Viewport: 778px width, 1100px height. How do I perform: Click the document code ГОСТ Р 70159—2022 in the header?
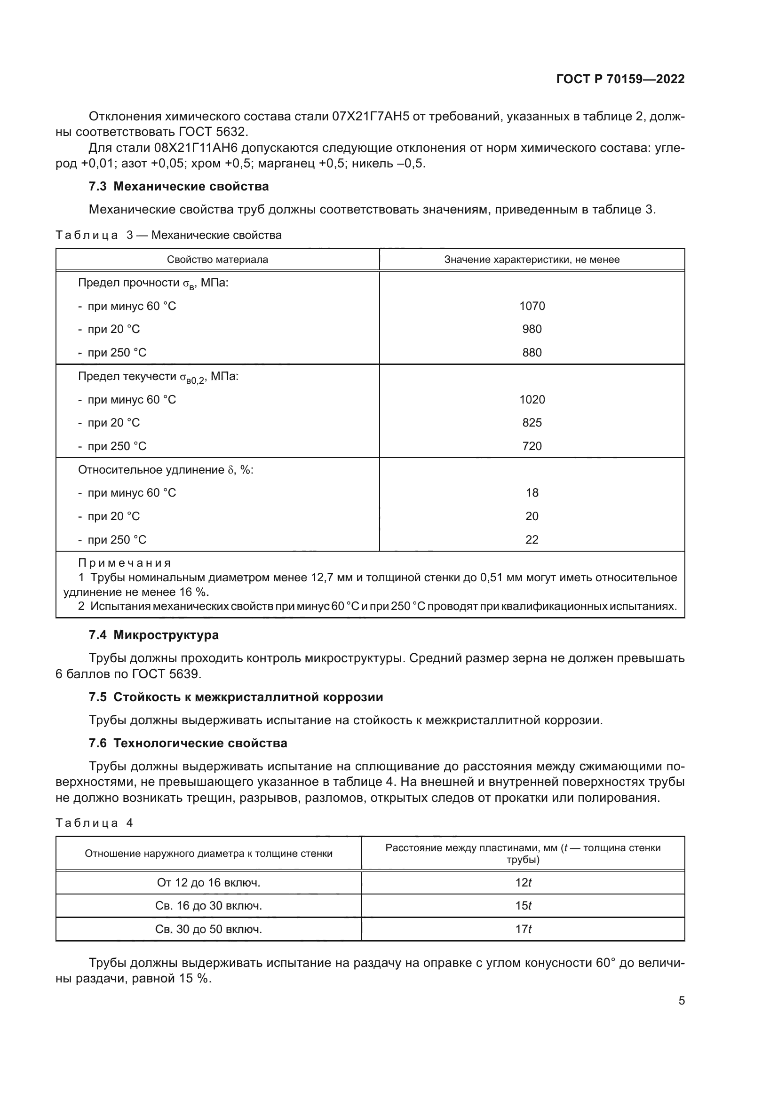(620, 79)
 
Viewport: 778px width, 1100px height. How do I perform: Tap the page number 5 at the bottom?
(681, 1001)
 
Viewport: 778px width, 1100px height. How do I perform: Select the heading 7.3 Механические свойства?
(179, 186)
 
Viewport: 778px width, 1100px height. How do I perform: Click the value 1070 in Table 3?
(532, 306)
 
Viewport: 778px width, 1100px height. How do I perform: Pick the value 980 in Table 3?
(532, 329)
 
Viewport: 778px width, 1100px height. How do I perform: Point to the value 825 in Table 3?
(532, 423)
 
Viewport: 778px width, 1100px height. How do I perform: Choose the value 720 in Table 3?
(532, 446)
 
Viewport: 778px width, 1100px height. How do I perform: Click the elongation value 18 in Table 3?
(532, 492)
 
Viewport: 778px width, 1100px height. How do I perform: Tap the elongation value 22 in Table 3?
(532, 539)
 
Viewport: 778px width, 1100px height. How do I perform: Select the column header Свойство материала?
(217, 260)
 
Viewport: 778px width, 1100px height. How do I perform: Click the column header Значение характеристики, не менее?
(532, 260)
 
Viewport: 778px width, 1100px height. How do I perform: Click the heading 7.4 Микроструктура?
(153, 635)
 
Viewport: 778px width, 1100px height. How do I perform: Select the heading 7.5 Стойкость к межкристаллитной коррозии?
(236, 697)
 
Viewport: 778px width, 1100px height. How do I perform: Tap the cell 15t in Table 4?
(523, 906)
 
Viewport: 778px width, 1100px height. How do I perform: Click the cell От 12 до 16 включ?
(208, 882)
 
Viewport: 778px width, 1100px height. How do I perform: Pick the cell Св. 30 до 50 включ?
(208, 929)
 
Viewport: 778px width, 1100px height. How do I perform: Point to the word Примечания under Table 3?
(125, 563)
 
